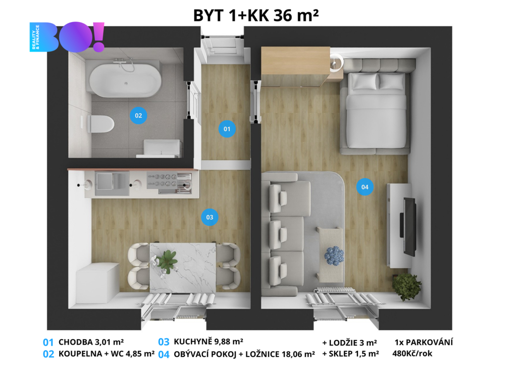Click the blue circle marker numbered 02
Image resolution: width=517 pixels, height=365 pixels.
tap(138, 116)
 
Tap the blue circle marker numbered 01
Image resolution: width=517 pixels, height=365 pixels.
tap(227, 129)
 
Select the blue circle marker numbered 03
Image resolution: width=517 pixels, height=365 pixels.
tap(210, 217)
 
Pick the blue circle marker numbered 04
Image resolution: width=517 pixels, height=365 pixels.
tap(365, 187)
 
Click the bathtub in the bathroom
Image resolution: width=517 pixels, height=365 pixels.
tap(125, 80)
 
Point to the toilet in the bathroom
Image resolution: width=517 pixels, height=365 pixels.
tap(100, 124)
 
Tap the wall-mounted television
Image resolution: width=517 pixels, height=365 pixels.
tap(408, 227)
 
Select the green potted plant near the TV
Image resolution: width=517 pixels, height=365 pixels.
tap(406, 286)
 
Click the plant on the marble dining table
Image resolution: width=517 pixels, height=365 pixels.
tap(167, 261)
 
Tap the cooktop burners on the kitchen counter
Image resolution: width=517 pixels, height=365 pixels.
tap(162, 180)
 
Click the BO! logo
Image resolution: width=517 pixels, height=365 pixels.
tap(67, 37)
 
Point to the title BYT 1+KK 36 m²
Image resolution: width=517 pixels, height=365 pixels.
tap(256, 15)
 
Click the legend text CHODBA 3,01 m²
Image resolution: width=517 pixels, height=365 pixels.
tap(91, 342)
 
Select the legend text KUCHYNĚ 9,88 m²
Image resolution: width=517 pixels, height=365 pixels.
tap(209, 341)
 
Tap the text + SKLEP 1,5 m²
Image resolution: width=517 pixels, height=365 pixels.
tap(350, 354)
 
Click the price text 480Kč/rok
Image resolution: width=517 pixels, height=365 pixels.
tap(412, 353)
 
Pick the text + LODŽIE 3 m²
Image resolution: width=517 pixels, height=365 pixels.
tap(349, 343)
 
